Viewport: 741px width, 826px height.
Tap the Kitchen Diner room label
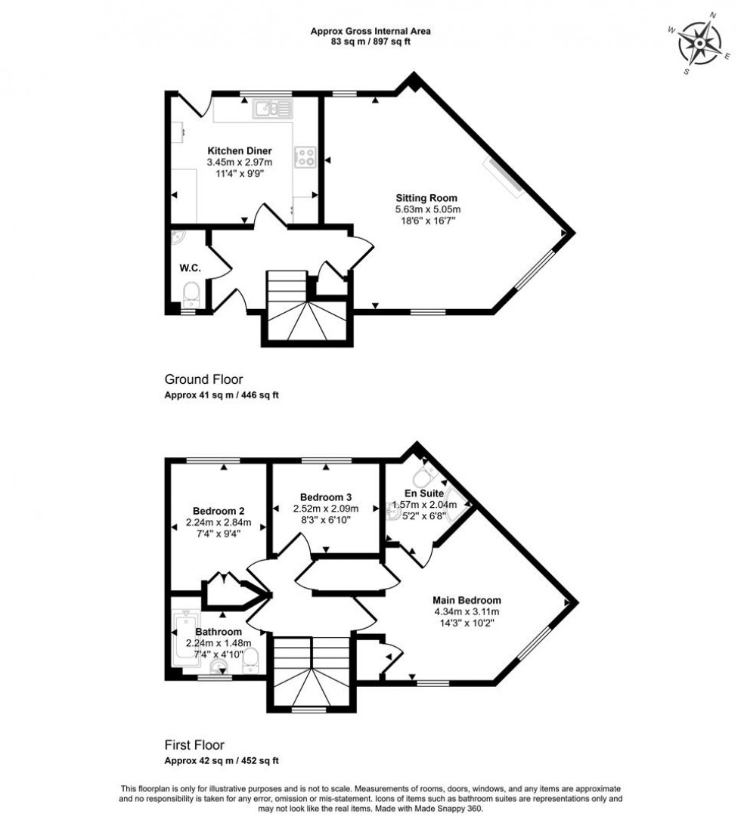pos(239,150)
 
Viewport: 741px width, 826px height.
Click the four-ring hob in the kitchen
pos(305,156)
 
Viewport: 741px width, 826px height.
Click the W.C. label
pos(189,268)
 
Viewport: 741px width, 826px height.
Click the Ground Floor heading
pos(203,379)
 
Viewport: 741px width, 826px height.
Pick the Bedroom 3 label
pos(325,497)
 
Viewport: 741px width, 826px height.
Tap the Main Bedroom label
pos(467,601)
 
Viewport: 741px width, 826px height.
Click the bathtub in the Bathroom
pos(184,639)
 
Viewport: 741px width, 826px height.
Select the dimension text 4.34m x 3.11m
pos(467,612)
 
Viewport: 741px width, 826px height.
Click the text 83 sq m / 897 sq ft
pos(370,42)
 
